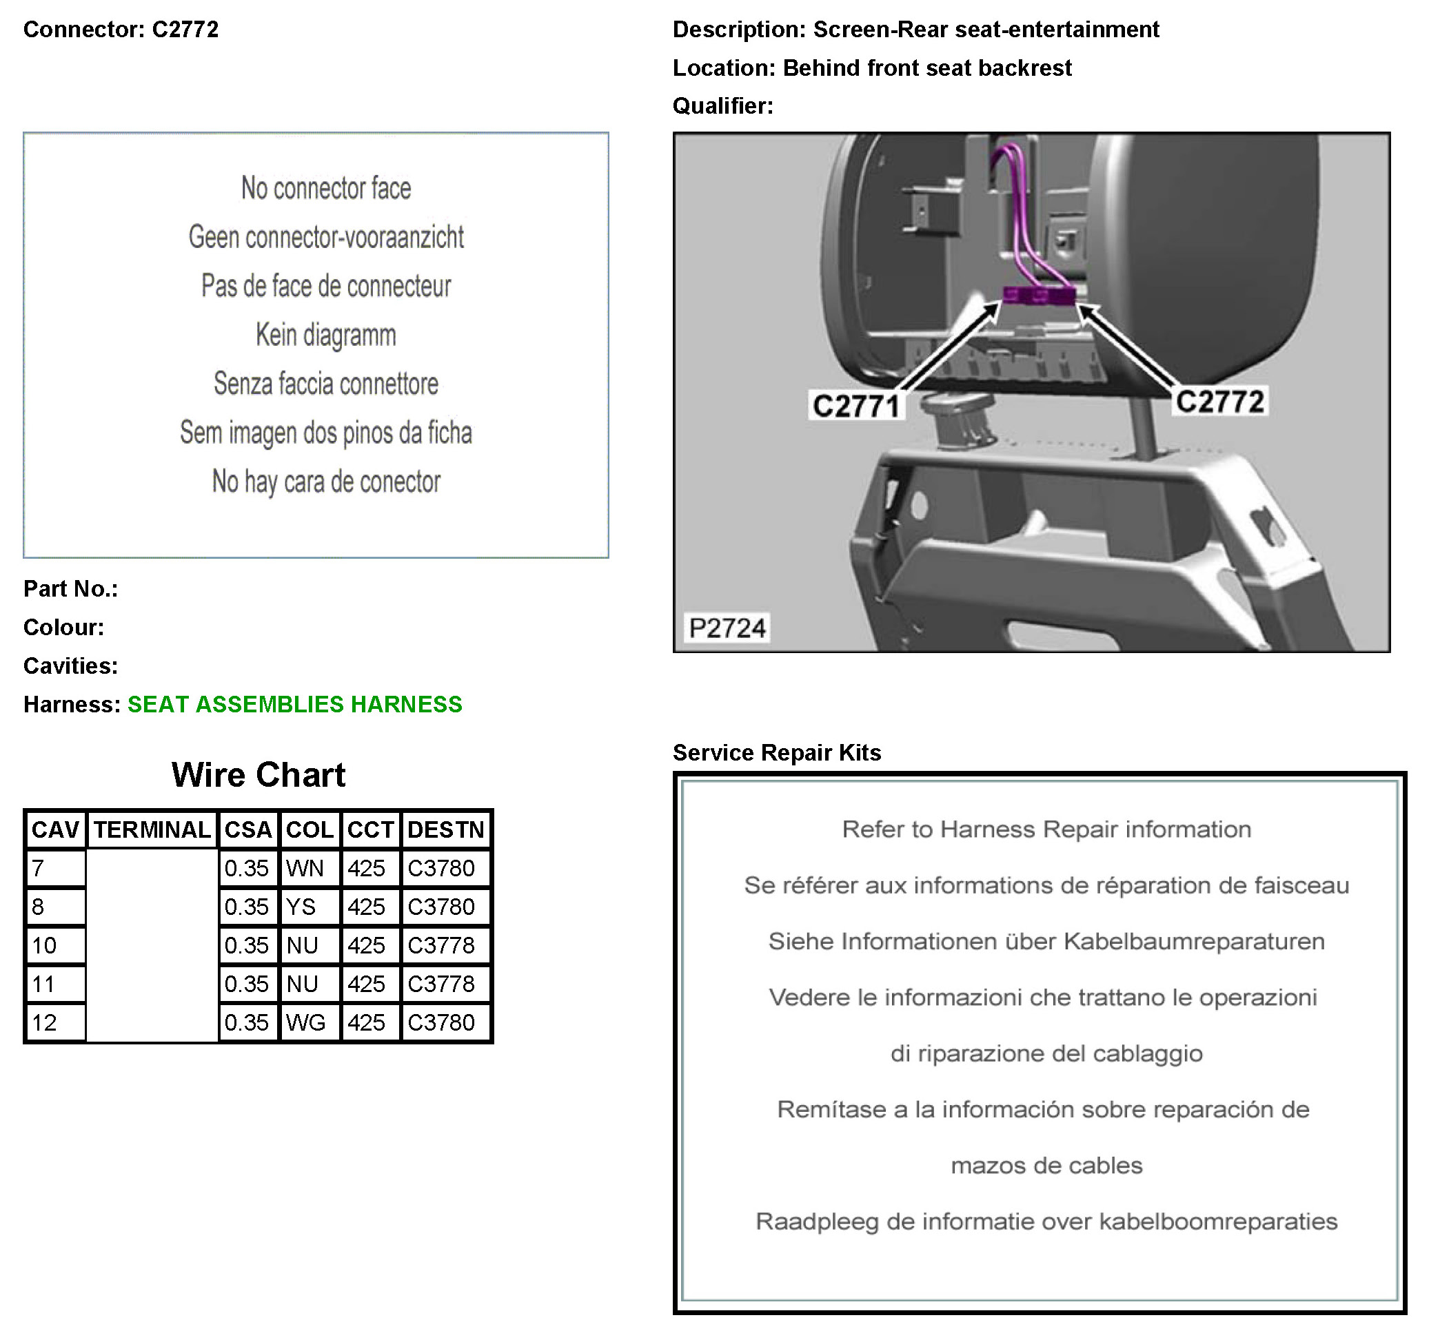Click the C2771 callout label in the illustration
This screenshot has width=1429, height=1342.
click(855, 406)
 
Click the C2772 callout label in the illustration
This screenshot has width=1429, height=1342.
click(1219, 402)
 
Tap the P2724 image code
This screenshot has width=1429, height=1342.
click(727, 628)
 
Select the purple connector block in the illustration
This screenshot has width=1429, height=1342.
click(1040, 295)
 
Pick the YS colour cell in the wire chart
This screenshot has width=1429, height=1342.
click(301, 907)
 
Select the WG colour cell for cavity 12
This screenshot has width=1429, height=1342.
click(305, 1023)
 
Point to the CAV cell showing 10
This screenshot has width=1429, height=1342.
click(45, 945)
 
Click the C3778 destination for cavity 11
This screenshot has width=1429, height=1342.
click(441, 984)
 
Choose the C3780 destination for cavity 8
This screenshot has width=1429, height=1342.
click(441, 907)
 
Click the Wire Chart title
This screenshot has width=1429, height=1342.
click(258, 774)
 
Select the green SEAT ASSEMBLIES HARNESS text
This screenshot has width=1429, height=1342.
click(295, 704)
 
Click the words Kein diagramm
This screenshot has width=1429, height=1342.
click(325, 335)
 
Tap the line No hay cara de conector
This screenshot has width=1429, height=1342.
click(325, 482)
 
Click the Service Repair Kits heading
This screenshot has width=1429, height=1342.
click(776, 752)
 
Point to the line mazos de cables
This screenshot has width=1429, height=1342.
click(1046, 1165)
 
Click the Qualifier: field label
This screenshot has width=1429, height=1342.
click(722, 105)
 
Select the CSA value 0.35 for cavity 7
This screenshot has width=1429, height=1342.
click(246, 869)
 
